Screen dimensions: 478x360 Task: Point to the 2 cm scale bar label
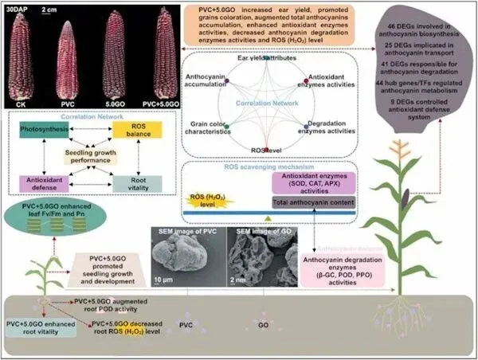click(x=49, y=10)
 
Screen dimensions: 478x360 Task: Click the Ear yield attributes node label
click(x=265, y=58)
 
